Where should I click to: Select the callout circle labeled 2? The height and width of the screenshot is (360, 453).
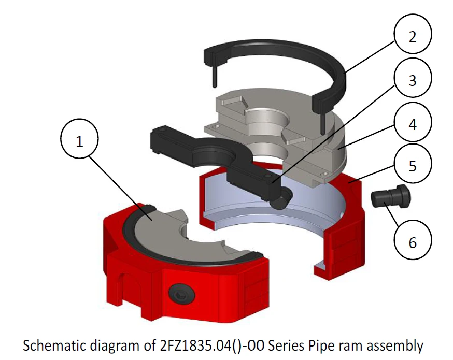click(413, 37)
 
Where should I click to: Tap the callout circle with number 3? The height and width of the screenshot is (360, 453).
click(413, 81)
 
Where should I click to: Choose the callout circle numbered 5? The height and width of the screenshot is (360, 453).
click(413, 166)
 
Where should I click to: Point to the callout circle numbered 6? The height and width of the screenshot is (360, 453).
click(413, 242)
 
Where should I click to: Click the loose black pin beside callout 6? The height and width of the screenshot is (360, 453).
click(391, 198)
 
